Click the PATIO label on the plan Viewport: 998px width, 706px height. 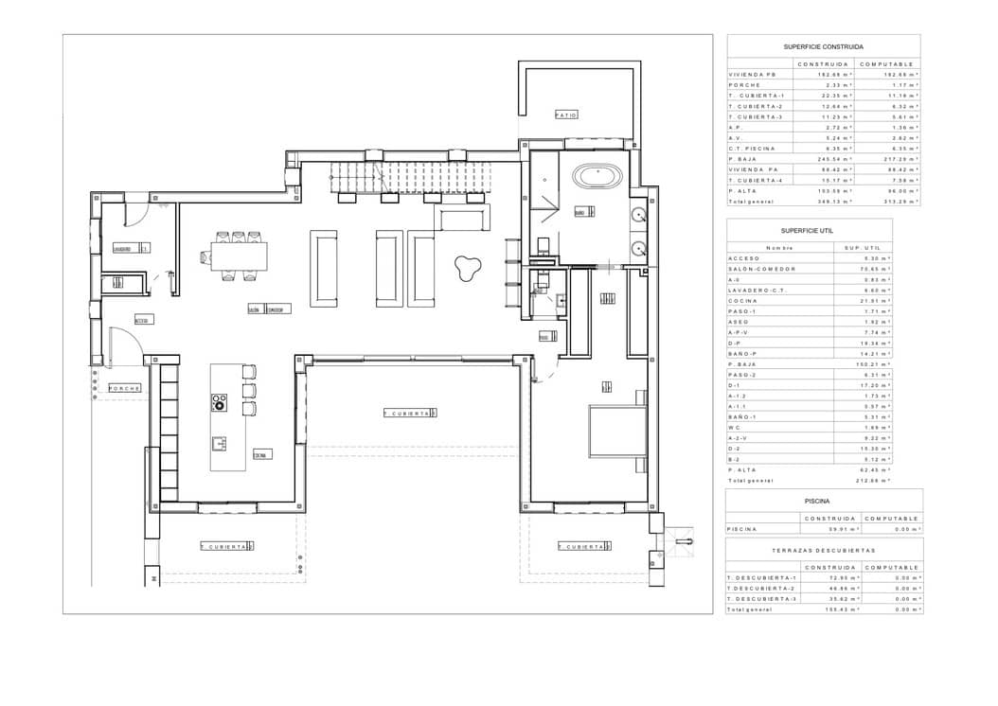pyautogui.click(x=566, y=115)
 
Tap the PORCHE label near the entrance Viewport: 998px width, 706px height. pyautogui.click(x=124, y=388)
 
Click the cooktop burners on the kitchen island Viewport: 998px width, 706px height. pyautogui.click(x=220, y=401)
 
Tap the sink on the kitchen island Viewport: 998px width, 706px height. pyautogui.click(x=220, y=442)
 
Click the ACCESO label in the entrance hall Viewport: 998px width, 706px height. pyautogui.click(x=141, y=319)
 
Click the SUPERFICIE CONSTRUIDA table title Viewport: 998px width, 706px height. pyautogui.click(x=823, y=45)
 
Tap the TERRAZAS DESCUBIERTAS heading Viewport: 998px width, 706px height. pyautogui.click(x=823, y=549)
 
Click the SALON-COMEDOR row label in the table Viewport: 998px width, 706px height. pyautogui.click(x=755, y=269)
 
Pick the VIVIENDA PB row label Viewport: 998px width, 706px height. pyautogui.click(x=748, y=74)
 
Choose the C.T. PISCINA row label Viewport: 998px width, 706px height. pyautogui.click(x=752, y=149)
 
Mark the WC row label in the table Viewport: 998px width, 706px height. pyautogui.click(x=733, y=427)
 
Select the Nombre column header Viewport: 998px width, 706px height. pyautogui.click(x=777, y=247)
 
